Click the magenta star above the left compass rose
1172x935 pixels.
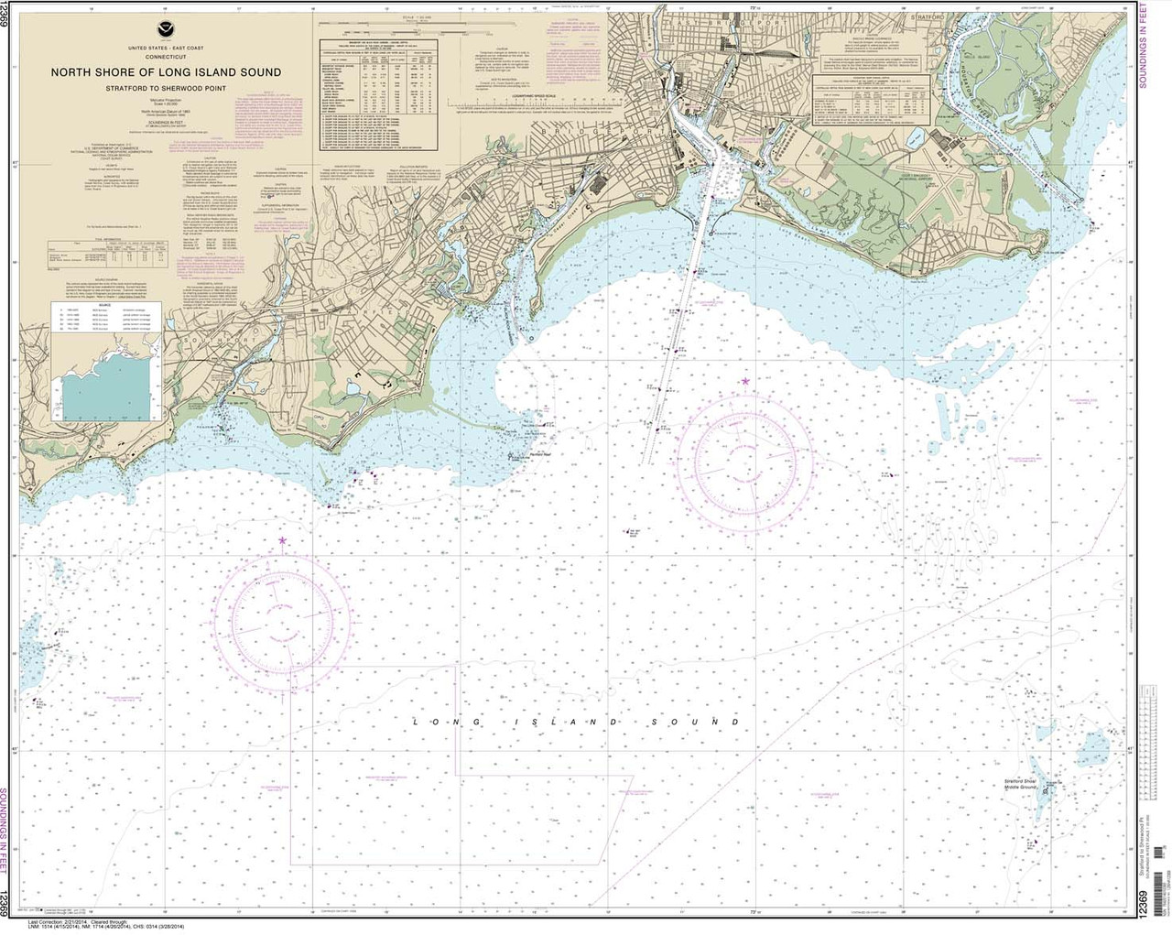282,540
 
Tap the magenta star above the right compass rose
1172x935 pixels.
745,380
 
